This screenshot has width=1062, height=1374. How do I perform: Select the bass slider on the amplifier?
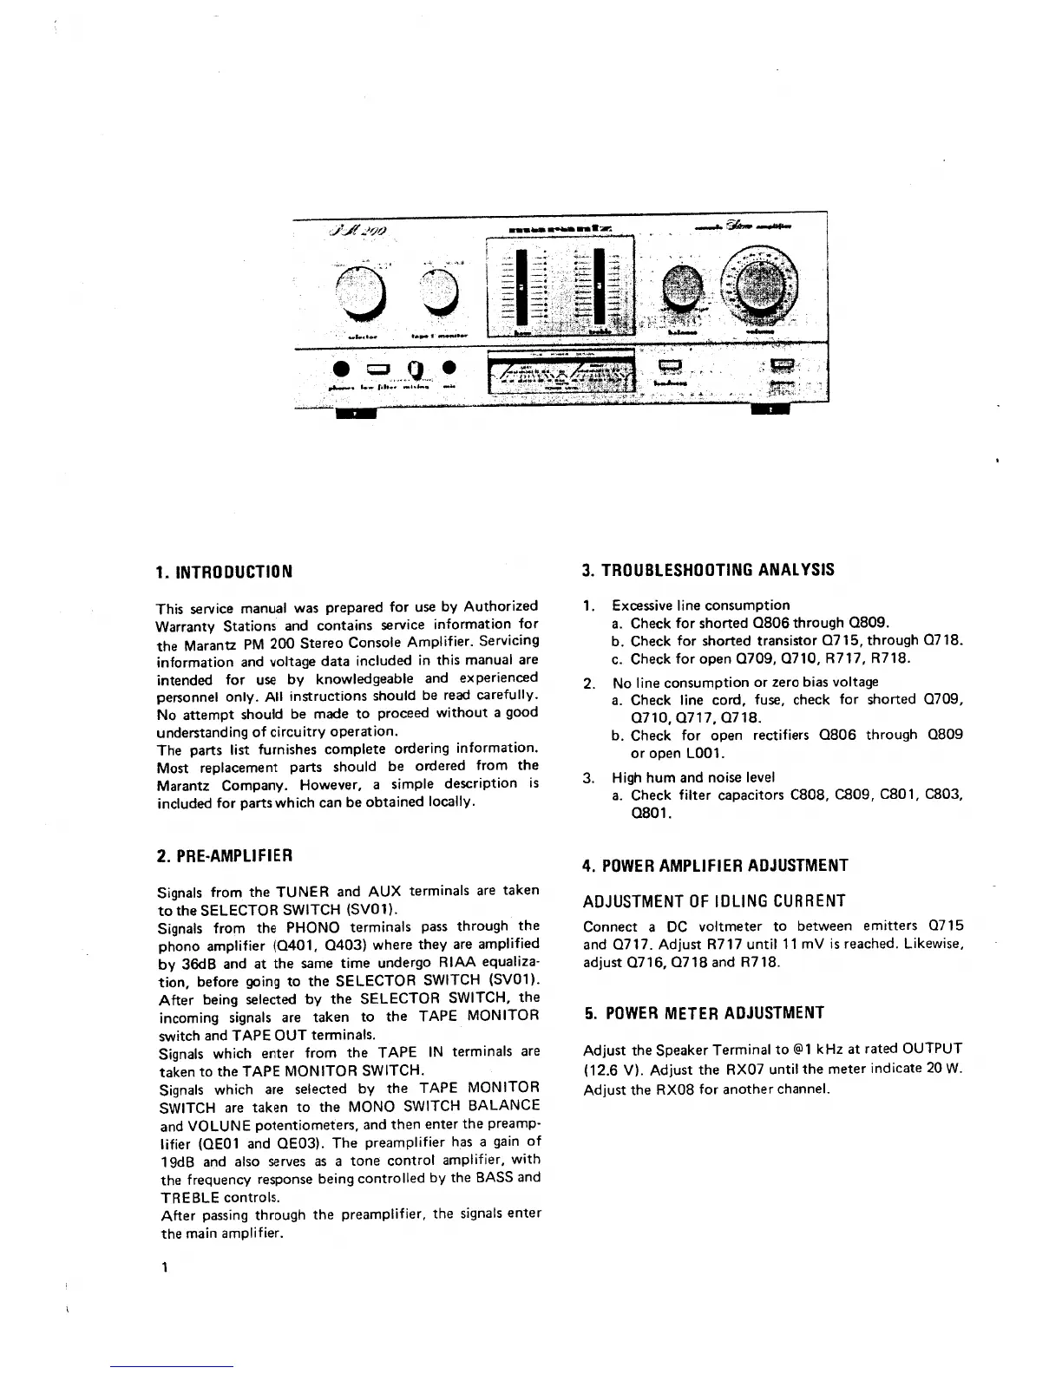click(x=521, y=285)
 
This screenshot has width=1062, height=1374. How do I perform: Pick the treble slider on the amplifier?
click(x=600, y=285)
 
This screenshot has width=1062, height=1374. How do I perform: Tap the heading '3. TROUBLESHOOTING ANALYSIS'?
click(x=708, y=570)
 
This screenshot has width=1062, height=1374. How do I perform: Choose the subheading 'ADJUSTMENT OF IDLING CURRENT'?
click(x=714, y=901)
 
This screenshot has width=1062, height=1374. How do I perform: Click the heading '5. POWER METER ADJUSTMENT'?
click(x=703, y=1012)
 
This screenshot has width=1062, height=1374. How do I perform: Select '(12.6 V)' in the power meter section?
click(x=613, y=1069)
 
